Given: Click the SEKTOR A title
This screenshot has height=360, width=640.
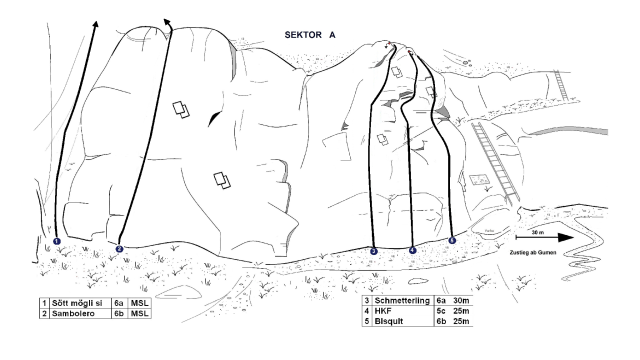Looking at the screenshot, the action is coord(310,35).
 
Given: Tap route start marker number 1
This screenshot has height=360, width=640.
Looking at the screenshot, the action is coord(57,241).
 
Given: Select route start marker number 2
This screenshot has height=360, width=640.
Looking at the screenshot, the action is coord(119,249).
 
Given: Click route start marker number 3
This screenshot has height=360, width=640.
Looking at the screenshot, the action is coord(374,251).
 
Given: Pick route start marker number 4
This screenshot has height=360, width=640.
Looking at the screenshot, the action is coord(413,250).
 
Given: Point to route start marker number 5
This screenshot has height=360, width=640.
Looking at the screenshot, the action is coord(452,240).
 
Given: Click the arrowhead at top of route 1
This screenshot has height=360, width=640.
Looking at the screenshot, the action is coord(96,24).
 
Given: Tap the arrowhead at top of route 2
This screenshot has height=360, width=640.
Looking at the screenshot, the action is coord(167,22).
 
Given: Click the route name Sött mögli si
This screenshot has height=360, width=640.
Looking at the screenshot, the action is coord(77,303).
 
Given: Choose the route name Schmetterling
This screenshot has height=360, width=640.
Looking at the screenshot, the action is coord(402,300).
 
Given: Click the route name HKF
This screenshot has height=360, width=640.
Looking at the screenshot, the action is coord(383,311).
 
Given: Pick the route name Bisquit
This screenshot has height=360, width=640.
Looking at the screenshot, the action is coord(389,321).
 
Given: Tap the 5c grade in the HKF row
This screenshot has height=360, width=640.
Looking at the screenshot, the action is coord(441,311).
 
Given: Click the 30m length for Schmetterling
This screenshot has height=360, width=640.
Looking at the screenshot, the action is coord(461,301).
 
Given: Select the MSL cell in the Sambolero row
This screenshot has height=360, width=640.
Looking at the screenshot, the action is coord(139,313).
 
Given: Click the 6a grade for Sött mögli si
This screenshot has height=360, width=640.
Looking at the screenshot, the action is coord(118,303).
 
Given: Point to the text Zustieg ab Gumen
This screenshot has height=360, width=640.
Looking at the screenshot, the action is coord(533,253).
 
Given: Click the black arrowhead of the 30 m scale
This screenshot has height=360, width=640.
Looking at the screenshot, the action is coord(566,238).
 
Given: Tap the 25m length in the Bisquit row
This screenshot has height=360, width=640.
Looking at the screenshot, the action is coord(461,321).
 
